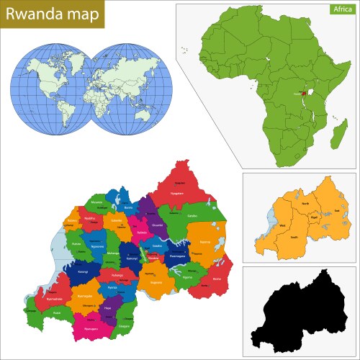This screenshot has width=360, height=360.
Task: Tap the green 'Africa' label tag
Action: click(341, 9)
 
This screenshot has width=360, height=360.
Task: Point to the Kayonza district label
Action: click(205, 243)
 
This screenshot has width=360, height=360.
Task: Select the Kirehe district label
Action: click(217, 279)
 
